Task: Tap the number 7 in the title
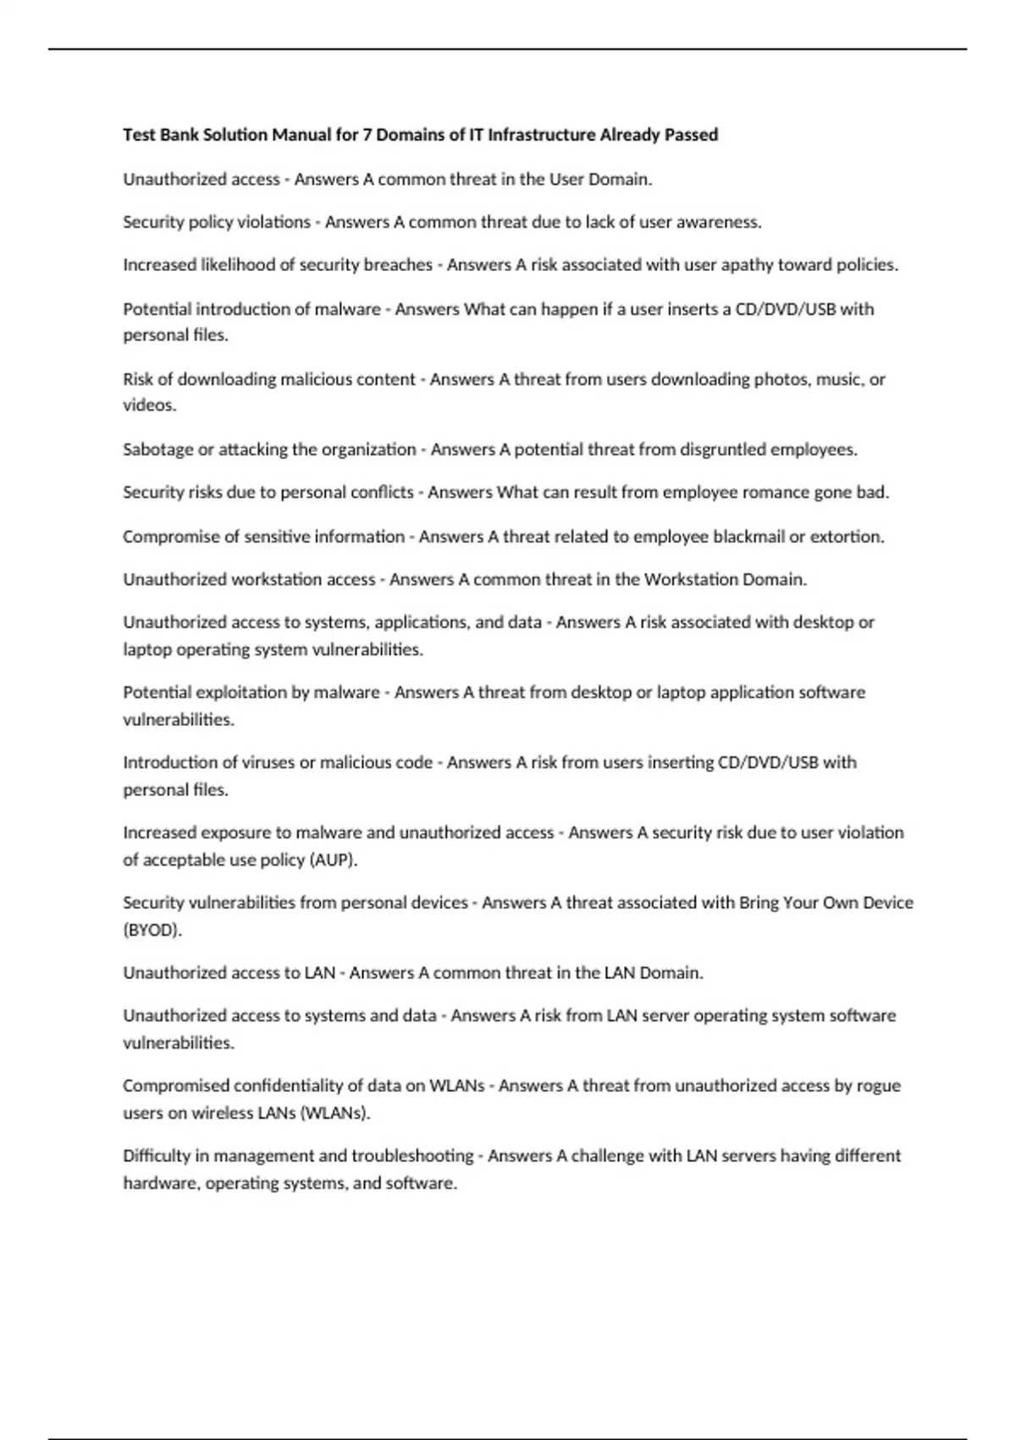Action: tap(367, 135)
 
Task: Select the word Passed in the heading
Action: tap(691, 135)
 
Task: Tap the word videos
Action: tap(149, 406)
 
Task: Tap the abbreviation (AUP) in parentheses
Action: tap(334, 860)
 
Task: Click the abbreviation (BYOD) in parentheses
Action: tap(152, 930)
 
